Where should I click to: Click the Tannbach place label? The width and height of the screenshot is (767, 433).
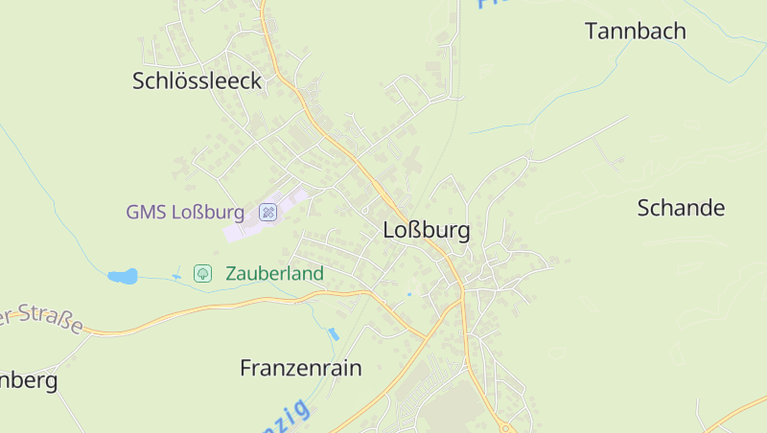(636, 31)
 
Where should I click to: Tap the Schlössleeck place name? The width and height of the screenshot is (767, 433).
(197, 81)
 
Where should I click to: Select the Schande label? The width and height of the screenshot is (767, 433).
(681, 208)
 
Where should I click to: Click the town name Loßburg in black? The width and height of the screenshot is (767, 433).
(426, 231)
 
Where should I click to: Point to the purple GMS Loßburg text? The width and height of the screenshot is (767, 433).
(186, 212)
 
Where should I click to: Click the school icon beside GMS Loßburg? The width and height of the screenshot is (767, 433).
(268, 212)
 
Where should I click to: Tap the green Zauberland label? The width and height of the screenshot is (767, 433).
(274, 273)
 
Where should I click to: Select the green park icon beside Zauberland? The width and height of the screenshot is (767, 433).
(202, 273)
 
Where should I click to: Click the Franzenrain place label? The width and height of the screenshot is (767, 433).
(300, 367)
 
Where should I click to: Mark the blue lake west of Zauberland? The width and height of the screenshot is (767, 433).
(122, 276)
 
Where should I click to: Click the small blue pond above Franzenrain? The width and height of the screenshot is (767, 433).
(333, 334)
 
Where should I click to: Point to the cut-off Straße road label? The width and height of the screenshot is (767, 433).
(43, 319)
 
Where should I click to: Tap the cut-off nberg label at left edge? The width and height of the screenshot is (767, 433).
(29, 380)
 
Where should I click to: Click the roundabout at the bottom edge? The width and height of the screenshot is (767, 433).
(504, 427)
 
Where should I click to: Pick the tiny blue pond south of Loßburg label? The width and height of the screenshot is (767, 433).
(408, 293)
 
